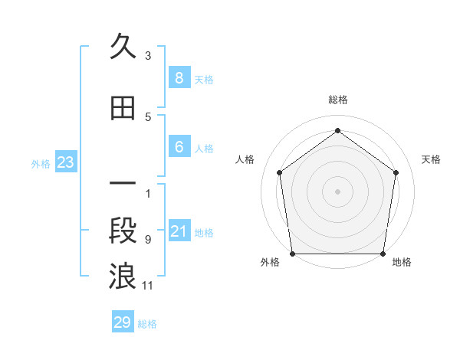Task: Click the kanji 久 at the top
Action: click(x=123, y=47)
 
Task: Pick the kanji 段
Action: click(x=123, y=232)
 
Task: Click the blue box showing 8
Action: click(x=179, y=77)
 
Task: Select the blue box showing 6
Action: click(x=179, y=147)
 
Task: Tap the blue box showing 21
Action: click(x=179, y=231)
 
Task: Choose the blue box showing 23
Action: click(x=65, y=162)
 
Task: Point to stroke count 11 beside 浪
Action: click(x=148, y=286)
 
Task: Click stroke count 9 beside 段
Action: click(x=148, y=239)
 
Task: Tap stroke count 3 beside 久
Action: click(x=148, y=55)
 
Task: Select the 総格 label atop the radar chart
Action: click(x=337, y=100)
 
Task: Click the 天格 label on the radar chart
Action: click(x=432, y=159)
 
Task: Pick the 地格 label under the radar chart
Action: click(x=402, y=262)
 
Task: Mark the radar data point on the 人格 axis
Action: click(x=279, y=172)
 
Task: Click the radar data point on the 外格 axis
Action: click(x=292, y=254)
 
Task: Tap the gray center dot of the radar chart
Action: click(x=337, y=191)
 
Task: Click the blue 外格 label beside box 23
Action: click(x=41, y=163)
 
